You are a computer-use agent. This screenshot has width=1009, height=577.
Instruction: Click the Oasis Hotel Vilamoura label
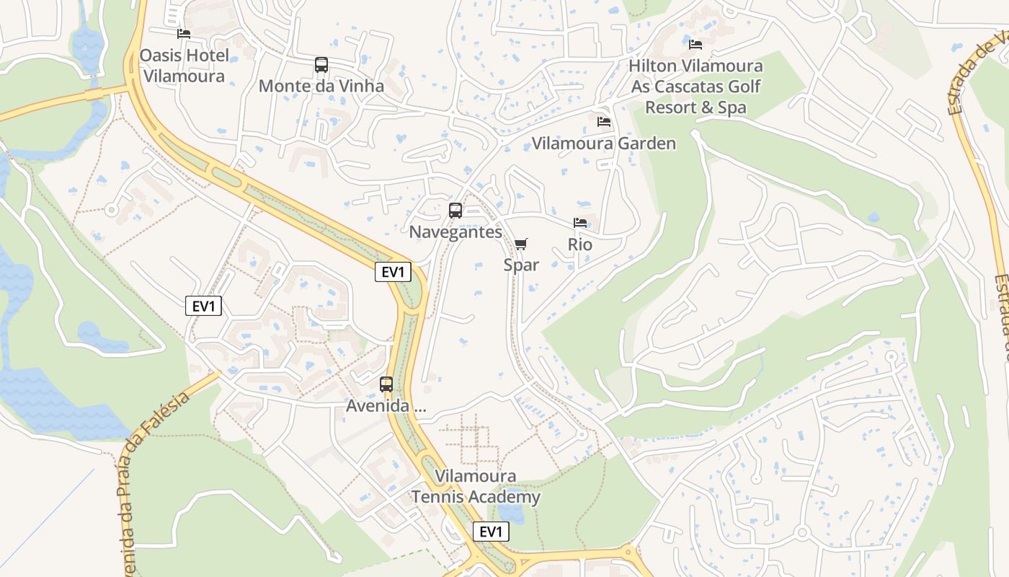point(184,66)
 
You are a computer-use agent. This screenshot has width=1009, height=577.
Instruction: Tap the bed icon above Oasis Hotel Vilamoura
point(184,34)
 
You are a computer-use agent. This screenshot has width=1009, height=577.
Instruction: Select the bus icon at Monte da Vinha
point(321,65)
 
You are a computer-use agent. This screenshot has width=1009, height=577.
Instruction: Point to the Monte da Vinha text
point(321,86)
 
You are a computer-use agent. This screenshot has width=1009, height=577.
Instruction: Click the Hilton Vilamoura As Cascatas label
point(695,87)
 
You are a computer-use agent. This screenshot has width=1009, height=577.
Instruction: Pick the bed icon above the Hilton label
point(695,45)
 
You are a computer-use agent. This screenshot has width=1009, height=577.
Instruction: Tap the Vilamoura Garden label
point(604,143)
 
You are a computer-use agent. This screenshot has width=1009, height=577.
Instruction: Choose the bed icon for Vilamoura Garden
point(604,122)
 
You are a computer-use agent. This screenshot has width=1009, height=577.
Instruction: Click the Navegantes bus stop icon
point(455,211)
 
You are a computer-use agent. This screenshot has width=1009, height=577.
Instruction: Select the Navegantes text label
point(455,232)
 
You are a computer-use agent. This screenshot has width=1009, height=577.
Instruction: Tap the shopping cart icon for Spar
point(521,244)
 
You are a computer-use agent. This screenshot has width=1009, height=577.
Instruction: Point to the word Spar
point(521,265)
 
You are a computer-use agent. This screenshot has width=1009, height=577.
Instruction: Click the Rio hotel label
point(580,245)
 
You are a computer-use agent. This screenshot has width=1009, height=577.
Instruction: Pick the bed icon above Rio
point(580,223)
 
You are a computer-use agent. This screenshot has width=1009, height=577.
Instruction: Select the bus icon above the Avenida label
point(386,384)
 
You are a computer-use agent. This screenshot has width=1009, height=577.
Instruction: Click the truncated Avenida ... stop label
point(386,406)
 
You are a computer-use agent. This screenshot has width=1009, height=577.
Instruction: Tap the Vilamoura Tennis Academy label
point(476,487)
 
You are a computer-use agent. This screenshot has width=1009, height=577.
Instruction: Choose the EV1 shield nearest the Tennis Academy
point(491,532)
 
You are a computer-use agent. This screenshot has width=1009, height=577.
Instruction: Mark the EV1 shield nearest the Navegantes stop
point(393,272)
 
